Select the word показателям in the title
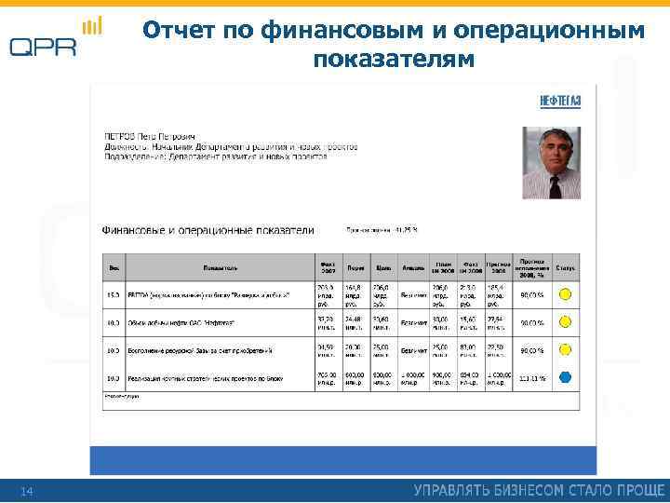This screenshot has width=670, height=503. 394,60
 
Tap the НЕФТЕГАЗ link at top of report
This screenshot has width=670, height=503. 561,101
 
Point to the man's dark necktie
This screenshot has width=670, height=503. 556,185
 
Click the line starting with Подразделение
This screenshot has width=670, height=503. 214,157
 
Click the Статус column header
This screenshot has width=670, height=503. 565,268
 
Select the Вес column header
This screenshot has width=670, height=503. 114,268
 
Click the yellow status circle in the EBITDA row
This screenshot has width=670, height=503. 564,295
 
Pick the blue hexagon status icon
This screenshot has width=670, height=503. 564,378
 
